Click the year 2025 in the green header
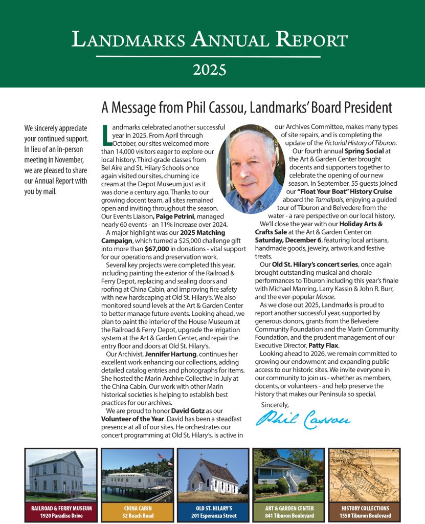pyautogui.click(x=212, y=68)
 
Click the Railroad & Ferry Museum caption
pyautogui.click(x=61, y=508)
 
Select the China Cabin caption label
pyautogui.click(x=134, y=508)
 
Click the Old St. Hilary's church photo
pyautogui.click(x=212, y=475)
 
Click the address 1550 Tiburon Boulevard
pyautogui.click(x=364, y=515)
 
